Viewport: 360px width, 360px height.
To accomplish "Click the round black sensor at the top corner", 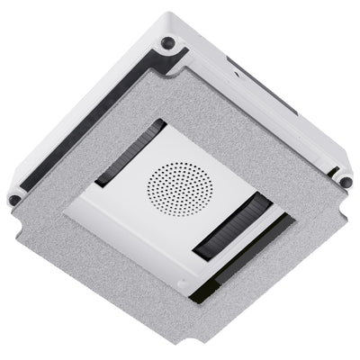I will (x=166, y=41).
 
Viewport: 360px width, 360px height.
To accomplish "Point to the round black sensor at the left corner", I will (x=15, y=198).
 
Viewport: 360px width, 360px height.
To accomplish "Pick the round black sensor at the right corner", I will (x=346, y=183).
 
